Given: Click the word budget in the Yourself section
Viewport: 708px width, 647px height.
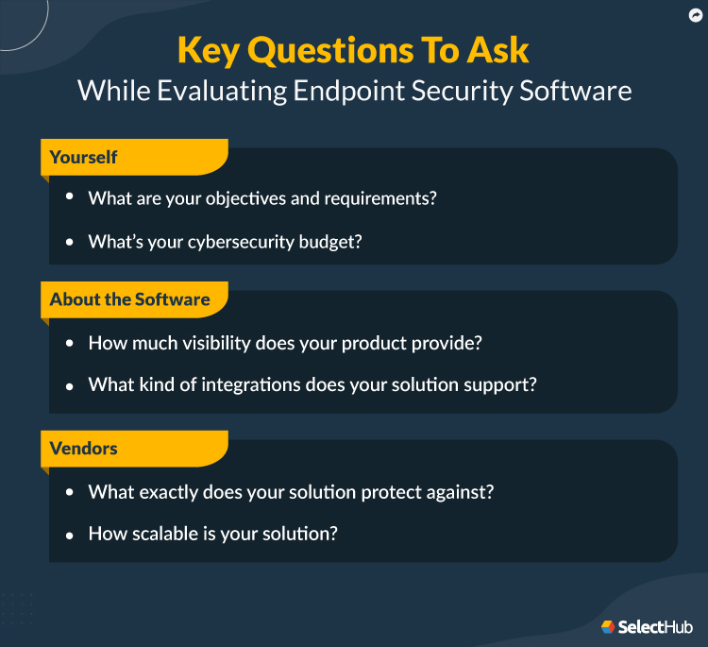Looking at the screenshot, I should (331, 242).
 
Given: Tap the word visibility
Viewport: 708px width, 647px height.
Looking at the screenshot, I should (238, 342).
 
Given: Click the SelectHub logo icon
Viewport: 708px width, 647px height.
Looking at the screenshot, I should (608, 626).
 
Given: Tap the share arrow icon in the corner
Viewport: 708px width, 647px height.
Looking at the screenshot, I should (696, 15).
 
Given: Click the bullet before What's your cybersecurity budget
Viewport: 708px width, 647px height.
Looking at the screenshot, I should (69, 243).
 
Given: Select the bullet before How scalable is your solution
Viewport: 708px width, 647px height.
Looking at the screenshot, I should (69, 535).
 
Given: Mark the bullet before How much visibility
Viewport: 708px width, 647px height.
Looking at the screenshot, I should (69, 343).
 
